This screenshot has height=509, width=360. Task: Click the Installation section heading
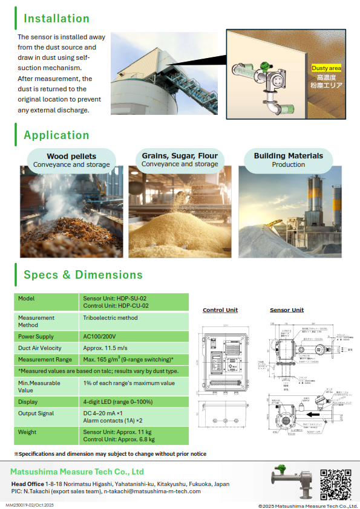[x=56, y=19]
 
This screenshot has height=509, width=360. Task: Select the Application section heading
[x=56, y=135]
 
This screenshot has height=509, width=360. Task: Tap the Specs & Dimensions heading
[x=83, y=275]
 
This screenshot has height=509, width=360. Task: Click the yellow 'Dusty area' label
[x=326, y=68]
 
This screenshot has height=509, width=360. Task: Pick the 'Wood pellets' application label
[x=71, y=157]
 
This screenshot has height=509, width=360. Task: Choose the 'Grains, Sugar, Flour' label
[x=180, y=156]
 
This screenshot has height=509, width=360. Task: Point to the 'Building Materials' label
[x=288, y=156]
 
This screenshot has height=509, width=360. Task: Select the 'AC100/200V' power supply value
[x=100, y=337]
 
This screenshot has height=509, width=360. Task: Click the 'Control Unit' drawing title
[x=220, y=310]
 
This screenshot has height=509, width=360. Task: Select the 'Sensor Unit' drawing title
[x=287, y=310]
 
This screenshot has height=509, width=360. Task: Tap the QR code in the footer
[x=336, y=484]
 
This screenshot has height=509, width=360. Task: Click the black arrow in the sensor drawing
[x=315, y=415]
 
